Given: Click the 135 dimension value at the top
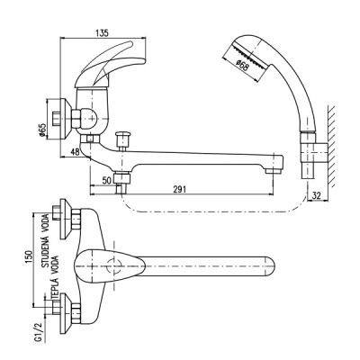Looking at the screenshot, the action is point(102,33).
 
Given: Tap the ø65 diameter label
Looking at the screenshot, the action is point(42,130).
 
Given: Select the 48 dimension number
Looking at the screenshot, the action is point(75,152).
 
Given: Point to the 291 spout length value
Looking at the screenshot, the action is point(180,189).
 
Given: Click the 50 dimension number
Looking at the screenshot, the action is point(106,180).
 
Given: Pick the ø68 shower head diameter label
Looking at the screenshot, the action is point(242,66).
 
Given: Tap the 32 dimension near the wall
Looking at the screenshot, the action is point(317,195).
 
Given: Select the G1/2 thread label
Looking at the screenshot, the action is point(38,332).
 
